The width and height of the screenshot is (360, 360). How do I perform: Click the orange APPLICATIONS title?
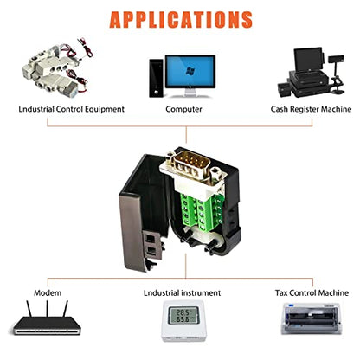point(181,19)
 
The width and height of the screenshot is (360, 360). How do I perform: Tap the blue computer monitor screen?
point(190,71)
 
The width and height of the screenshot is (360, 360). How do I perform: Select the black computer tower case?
point(156,78)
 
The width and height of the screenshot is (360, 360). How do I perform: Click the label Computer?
point(183,109)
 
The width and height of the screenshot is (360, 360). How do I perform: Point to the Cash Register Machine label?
point(311,109)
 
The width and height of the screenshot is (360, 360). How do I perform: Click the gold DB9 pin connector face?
point(190,164)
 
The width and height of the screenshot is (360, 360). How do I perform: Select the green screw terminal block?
point(202,210)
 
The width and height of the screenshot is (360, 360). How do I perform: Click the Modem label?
point(48,293)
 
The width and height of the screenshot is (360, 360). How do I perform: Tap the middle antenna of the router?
point(47,309)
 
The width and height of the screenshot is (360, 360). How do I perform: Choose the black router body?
point(47,326)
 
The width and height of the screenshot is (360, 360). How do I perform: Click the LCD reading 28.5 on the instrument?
point(183,312)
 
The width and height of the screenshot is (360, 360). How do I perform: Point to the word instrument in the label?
point(201,293)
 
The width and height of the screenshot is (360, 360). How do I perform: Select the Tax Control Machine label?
point(312,293)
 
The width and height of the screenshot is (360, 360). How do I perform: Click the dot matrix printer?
point(312,318)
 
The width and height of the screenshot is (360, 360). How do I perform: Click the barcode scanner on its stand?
point(337,74)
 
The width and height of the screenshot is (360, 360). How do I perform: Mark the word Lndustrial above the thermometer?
point(162,293)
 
